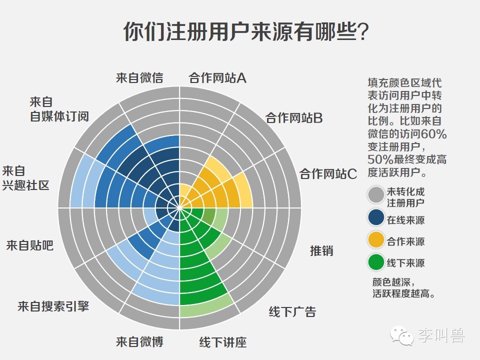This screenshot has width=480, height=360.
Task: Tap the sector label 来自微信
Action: coord(139,77)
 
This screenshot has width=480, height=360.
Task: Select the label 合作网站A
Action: coord(217,77)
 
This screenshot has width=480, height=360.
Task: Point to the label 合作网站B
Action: coord(294,118)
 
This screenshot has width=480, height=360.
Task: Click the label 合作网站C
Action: coord(328,174)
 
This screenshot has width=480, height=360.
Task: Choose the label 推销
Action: coord(321,250)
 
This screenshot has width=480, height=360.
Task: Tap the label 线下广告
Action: coord(292,312)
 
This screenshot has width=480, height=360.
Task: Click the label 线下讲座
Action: coord(223,342)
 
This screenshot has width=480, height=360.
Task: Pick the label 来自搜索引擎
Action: coord(53,306)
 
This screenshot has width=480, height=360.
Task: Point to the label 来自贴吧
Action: coord(30,245)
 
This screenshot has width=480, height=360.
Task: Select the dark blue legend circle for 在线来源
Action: coord(376,218)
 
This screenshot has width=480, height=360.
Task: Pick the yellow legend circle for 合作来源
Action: coord(376,240)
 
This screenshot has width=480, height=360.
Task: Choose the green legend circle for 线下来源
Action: coord(376,262)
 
